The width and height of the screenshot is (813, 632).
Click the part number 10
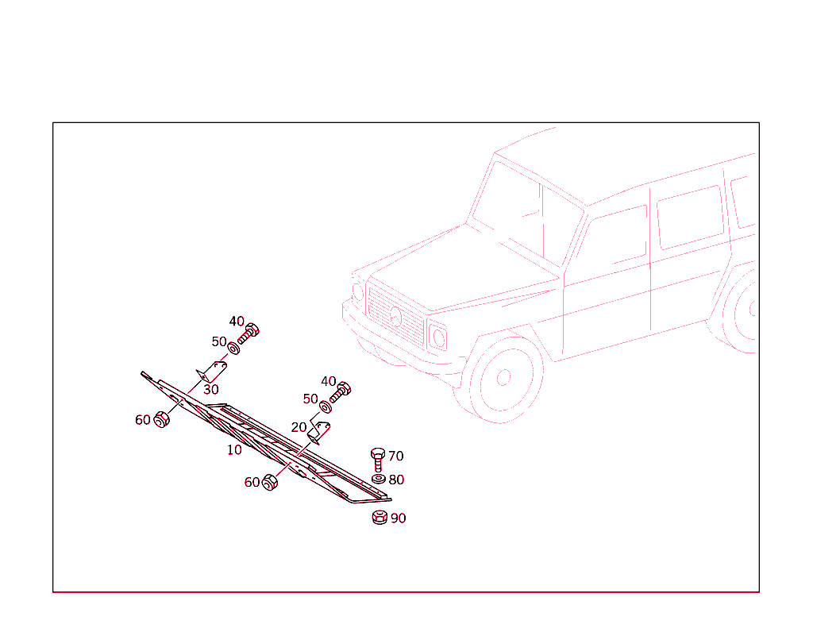coord(234,450)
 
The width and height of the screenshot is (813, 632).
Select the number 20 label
coord(299,427)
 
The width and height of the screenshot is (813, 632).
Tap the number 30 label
coord(211,389)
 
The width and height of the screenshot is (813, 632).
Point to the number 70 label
coord(395,457)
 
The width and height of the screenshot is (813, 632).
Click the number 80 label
coord(396,480)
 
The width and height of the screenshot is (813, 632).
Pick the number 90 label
coord(399,518)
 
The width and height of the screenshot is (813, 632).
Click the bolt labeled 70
coord(378,460)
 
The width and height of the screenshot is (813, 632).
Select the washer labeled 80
coord(379,479)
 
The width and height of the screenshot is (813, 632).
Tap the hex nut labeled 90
coord(380,517)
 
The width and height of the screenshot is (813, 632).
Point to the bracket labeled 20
coord(319,433)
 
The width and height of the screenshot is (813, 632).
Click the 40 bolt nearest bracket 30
coord(249,333)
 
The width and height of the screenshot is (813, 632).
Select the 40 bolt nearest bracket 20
coord(340,393)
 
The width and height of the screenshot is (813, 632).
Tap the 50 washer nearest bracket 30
coord(234,349)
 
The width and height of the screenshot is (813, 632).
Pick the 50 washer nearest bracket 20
coord(326,407)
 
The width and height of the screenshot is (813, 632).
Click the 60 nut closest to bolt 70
coord(270,482)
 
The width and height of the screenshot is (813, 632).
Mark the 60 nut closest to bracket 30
coord(162,419)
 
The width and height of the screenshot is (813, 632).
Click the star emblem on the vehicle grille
coord(396,316)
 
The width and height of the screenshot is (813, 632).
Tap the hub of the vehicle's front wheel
coord(503,377)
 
